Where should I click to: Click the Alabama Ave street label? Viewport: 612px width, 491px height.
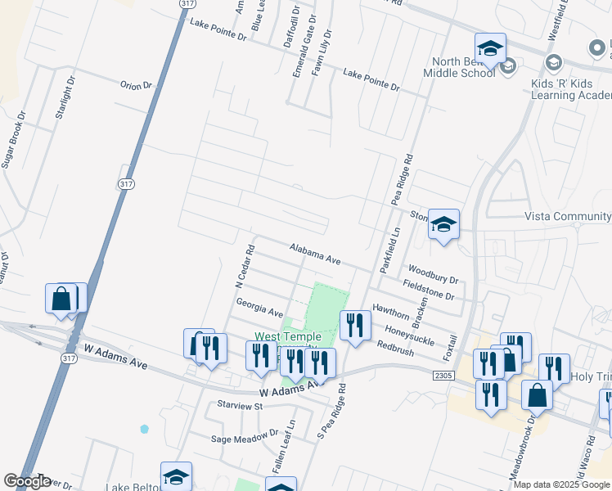tap(315, 253)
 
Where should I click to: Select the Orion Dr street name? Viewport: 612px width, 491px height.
tap(137, 85)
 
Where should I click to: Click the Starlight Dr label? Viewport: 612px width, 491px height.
tap(64, 99)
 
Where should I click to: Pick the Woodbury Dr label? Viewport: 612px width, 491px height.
tap(433, 273)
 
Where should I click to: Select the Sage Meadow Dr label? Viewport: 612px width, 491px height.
tap(245, 439)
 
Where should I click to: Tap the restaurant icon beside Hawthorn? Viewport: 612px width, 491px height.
tap(355, 325)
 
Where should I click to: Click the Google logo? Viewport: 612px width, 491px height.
tap(27, 481)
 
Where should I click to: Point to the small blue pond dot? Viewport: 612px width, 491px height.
tap(145, 428)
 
